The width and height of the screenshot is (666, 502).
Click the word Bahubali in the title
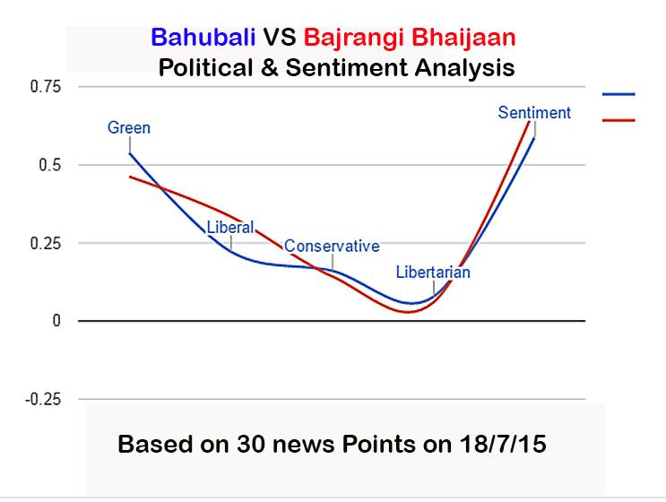(203, 39)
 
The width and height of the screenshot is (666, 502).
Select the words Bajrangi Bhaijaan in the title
(410, 39)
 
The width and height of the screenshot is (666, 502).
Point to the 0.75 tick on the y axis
(47, 87)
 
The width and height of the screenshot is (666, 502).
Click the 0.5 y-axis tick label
(51, 165)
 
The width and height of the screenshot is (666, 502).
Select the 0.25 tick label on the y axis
(47, 243)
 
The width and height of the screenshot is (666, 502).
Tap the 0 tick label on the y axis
(58, 321)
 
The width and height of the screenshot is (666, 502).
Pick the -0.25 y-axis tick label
(45, 399)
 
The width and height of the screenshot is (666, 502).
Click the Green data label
(129, 127)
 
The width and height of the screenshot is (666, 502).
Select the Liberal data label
(230, 227)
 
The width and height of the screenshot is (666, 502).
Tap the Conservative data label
(332, 246)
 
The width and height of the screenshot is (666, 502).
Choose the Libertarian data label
(433, 272)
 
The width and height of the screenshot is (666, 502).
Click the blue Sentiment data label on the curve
(534, 113)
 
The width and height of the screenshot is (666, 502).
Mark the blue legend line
(619, 93)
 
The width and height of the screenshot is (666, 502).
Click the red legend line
(619, 119)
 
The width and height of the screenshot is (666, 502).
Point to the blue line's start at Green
(130, 153)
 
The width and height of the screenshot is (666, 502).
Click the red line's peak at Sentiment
(529, 121)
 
